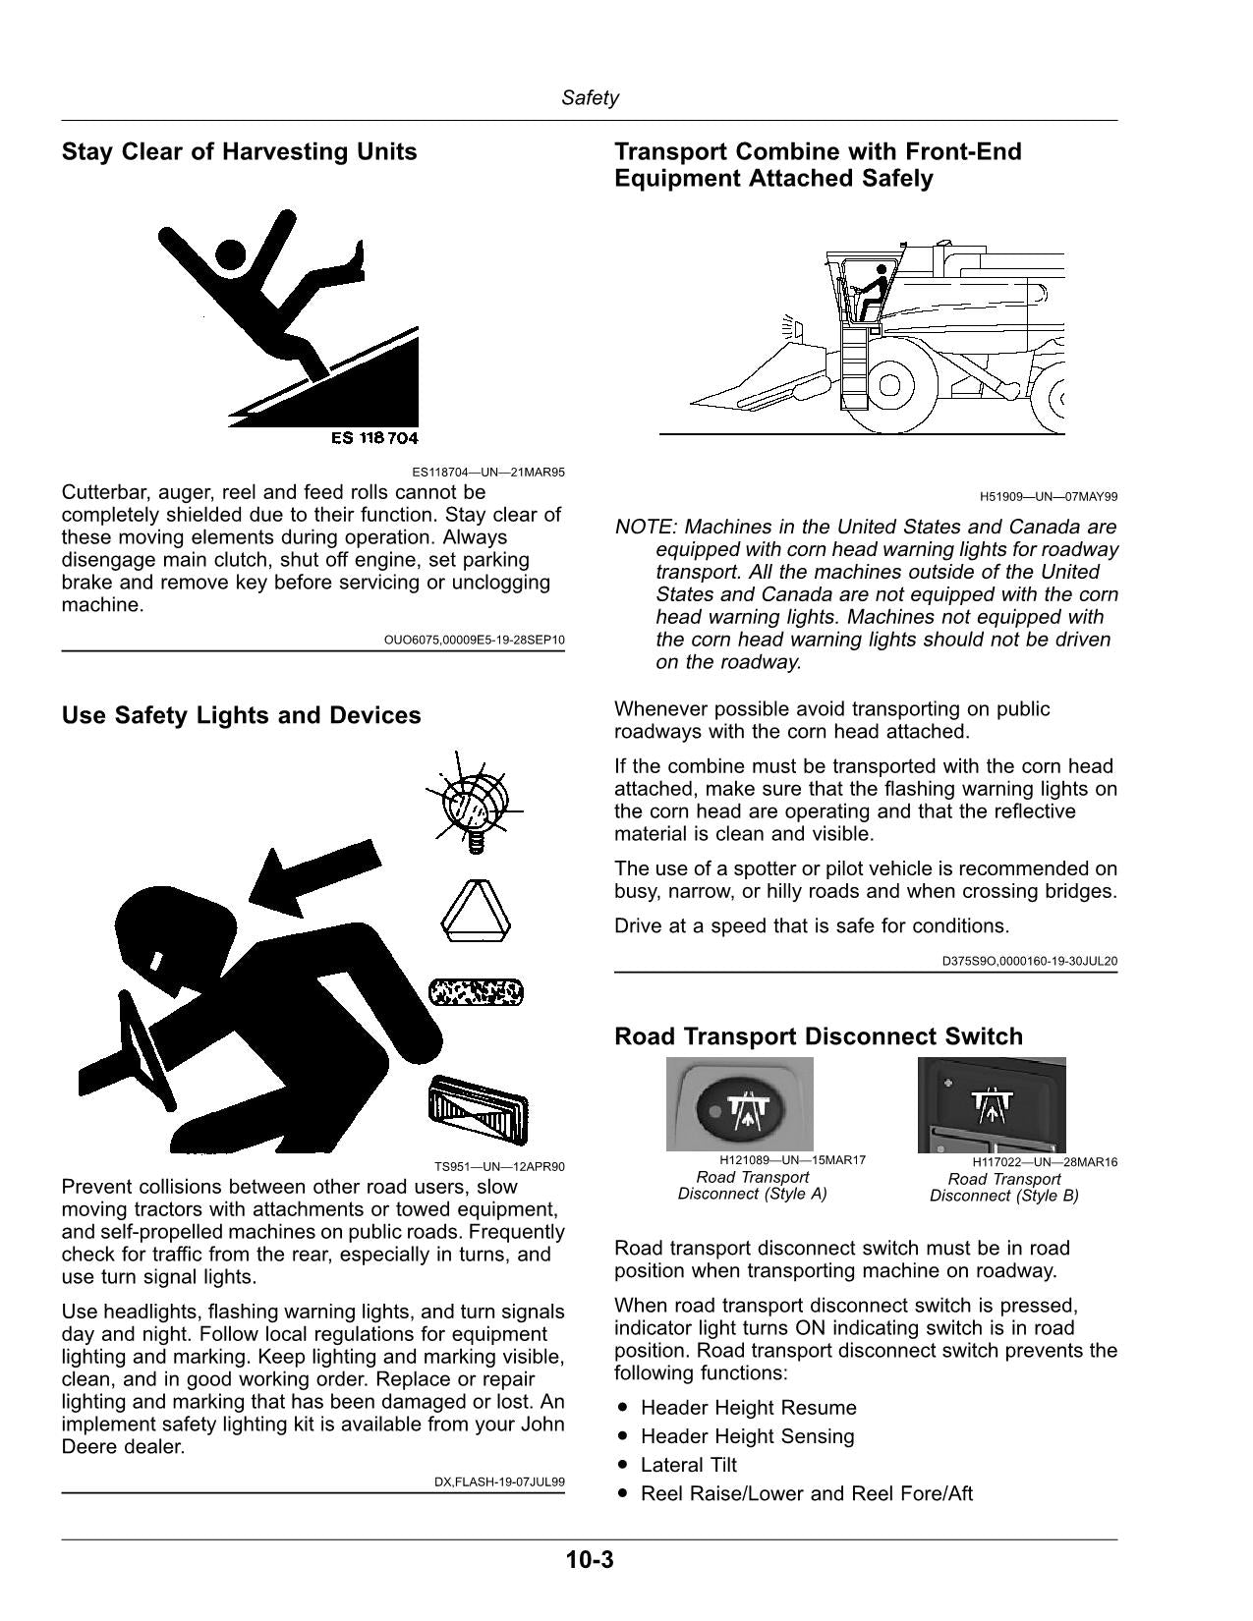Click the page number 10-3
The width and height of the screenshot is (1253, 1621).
(x=590, y=1560)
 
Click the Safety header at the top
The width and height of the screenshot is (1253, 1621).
(x=590, y=97)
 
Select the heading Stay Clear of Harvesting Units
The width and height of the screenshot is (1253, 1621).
(x=240, y=151)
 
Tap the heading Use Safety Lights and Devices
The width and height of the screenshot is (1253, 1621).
(x=241, y=715)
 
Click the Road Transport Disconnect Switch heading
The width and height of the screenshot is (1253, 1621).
(x=818, y=1036)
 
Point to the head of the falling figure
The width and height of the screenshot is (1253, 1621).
(x=229, y=255)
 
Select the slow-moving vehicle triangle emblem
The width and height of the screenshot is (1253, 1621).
(x=476, y=910)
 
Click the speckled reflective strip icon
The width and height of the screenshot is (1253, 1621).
(x=476, y=992)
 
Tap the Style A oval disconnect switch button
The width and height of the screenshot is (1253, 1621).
(x=738, y=1110)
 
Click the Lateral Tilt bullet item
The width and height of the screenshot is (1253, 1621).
(x=688, y=1465)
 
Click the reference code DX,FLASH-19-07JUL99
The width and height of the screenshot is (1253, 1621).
(x=499, y=1482)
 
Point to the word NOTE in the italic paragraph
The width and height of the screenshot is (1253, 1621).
(x=645, y=527)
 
